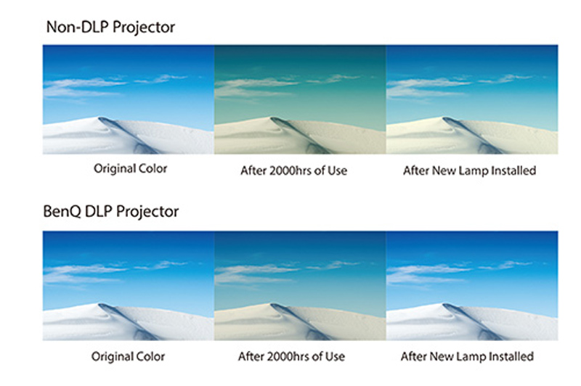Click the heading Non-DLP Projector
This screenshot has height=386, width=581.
coord(110,27)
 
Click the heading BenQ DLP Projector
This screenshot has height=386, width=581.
coord(111,211)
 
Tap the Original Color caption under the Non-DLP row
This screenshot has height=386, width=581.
coord(131,168)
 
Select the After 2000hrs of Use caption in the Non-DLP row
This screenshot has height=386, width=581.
coord(294,171)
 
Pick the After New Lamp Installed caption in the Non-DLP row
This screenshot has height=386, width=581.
coord(469,171)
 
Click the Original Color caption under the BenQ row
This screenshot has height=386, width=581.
coord(129,356)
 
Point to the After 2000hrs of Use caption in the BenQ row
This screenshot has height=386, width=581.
coord(292,356)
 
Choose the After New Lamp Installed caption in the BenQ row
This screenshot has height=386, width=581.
coord(467,356)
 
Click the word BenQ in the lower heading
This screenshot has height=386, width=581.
coord(62,211)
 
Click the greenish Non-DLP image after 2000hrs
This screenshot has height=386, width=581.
coord(300,99)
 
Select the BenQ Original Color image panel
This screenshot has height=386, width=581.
coord(129,286)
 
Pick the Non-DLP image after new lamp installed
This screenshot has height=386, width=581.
coord(472,99)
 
